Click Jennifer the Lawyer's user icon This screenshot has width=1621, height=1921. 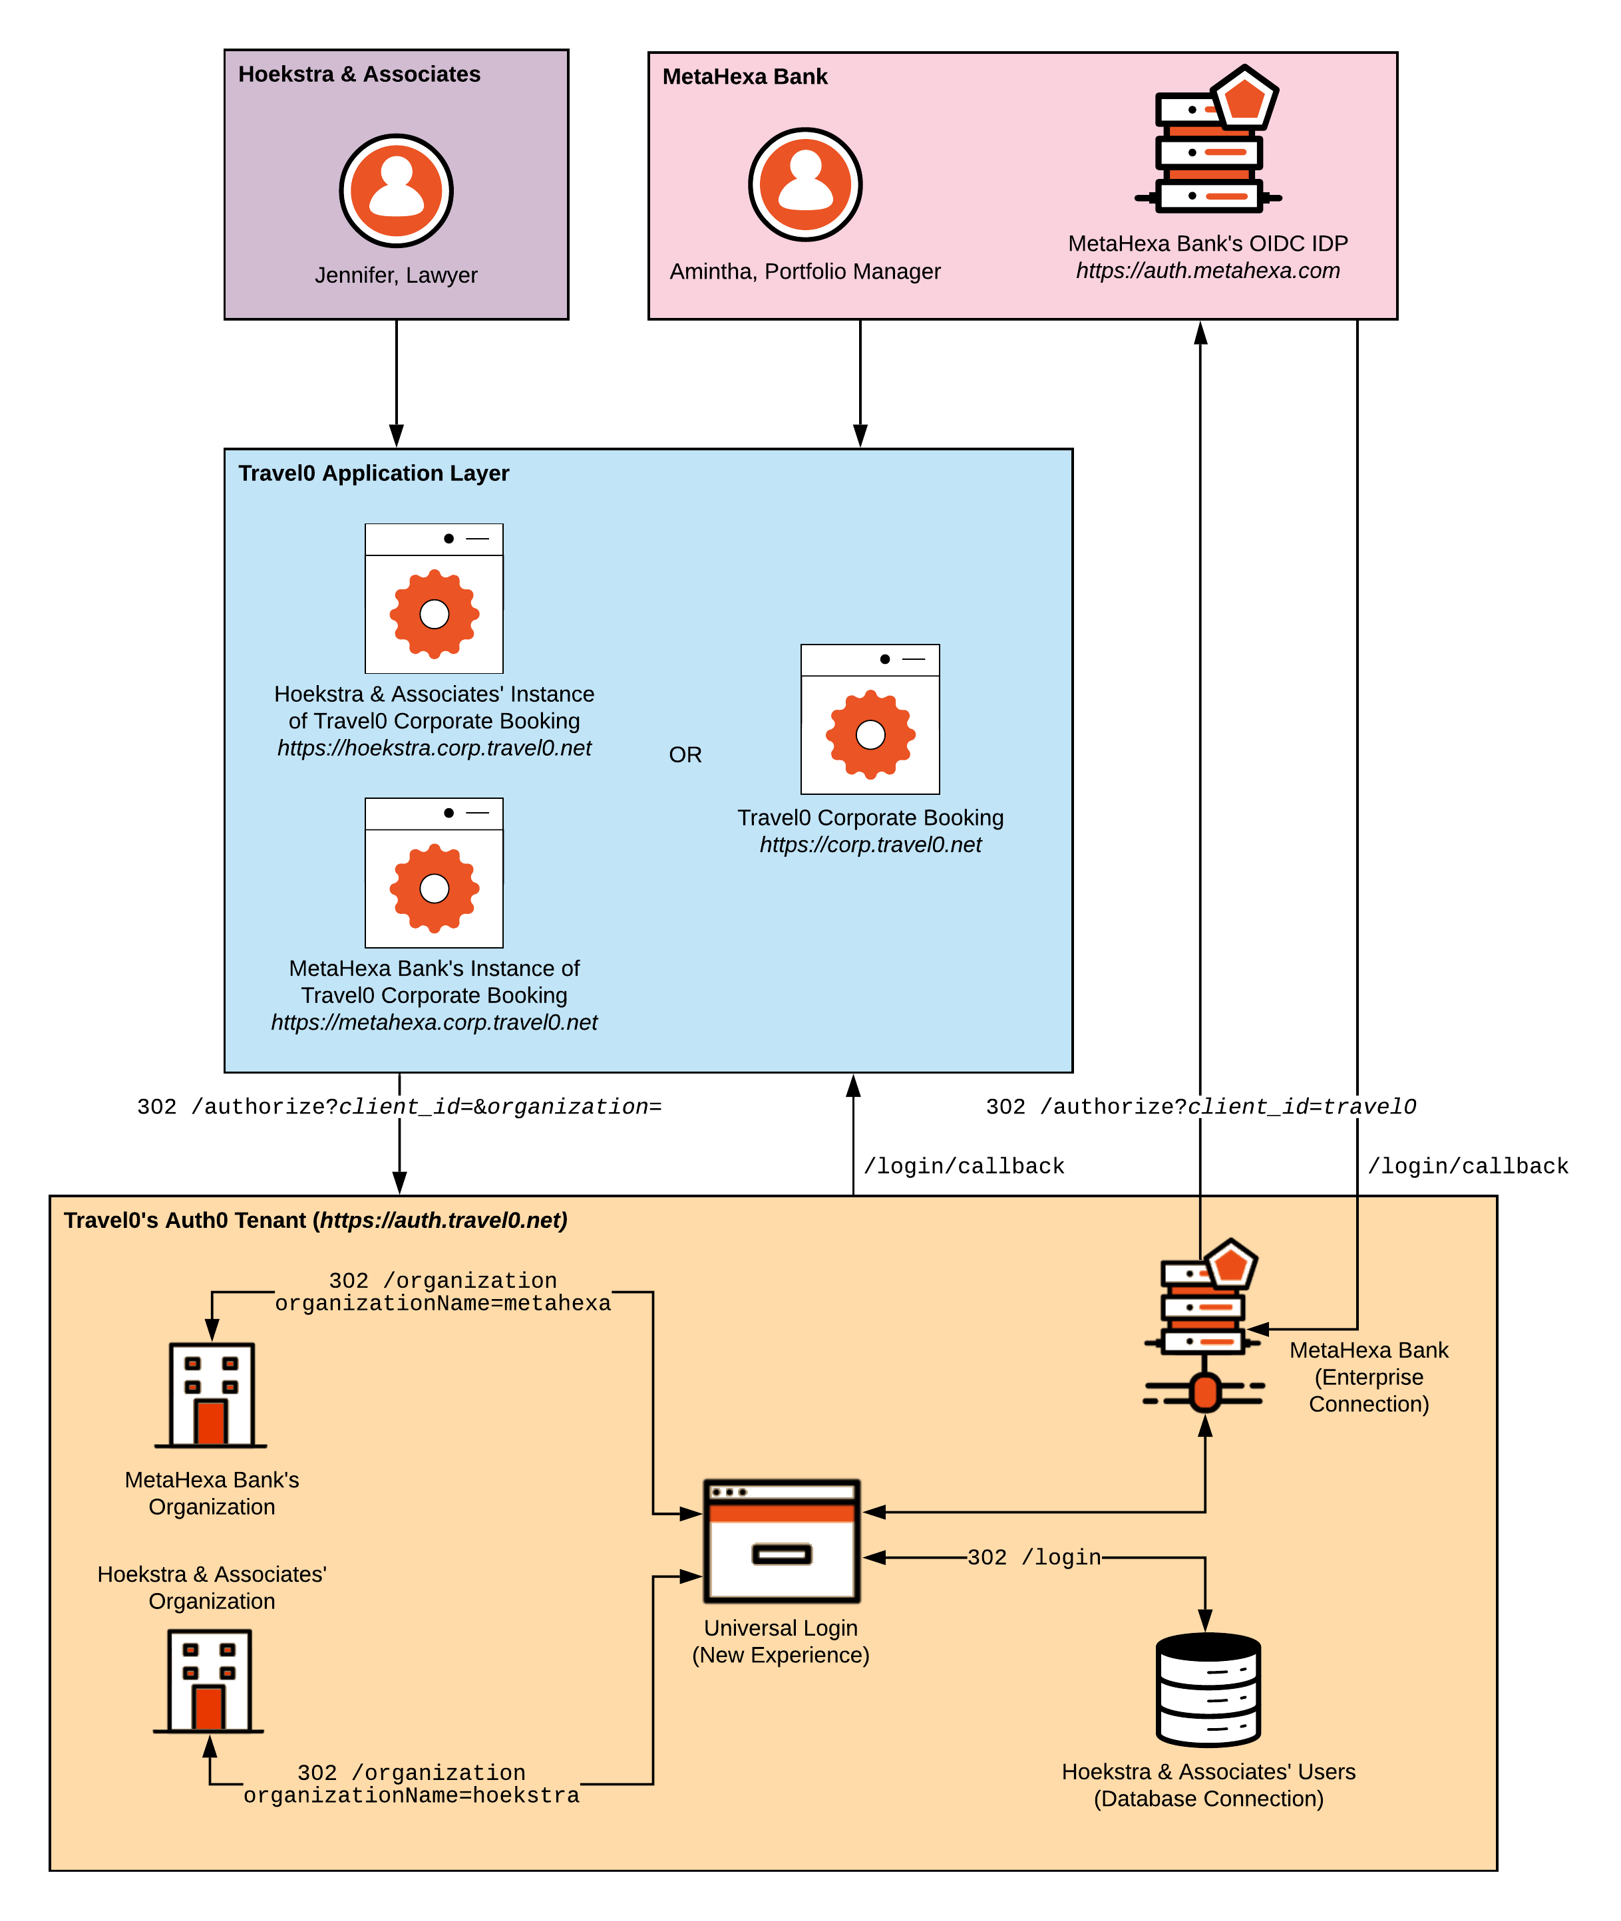pos(396,190)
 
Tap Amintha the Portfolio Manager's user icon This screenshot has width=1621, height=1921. pos(805,184)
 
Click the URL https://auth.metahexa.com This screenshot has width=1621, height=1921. pos(1208,271)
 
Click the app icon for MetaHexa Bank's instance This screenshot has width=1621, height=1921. pos(434,873)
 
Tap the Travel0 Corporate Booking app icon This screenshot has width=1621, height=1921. pos(870,719)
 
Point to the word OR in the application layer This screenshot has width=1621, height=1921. pos(685,755)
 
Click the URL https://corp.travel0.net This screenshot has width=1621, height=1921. pos(870,845)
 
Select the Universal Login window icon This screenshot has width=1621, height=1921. pos(781,1541)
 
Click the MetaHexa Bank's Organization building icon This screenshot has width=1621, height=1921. pos(212,1395)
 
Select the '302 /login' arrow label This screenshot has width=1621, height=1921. pos(1034,1557)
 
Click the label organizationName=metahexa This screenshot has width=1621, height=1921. pos(443,1304)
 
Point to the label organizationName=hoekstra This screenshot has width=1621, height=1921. pos(412,1795)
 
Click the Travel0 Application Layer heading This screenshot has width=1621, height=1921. pos(373,473)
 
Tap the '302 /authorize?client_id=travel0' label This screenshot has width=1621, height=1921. pos(1200,1107)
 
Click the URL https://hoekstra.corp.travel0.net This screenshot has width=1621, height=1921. pos(434,749)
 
